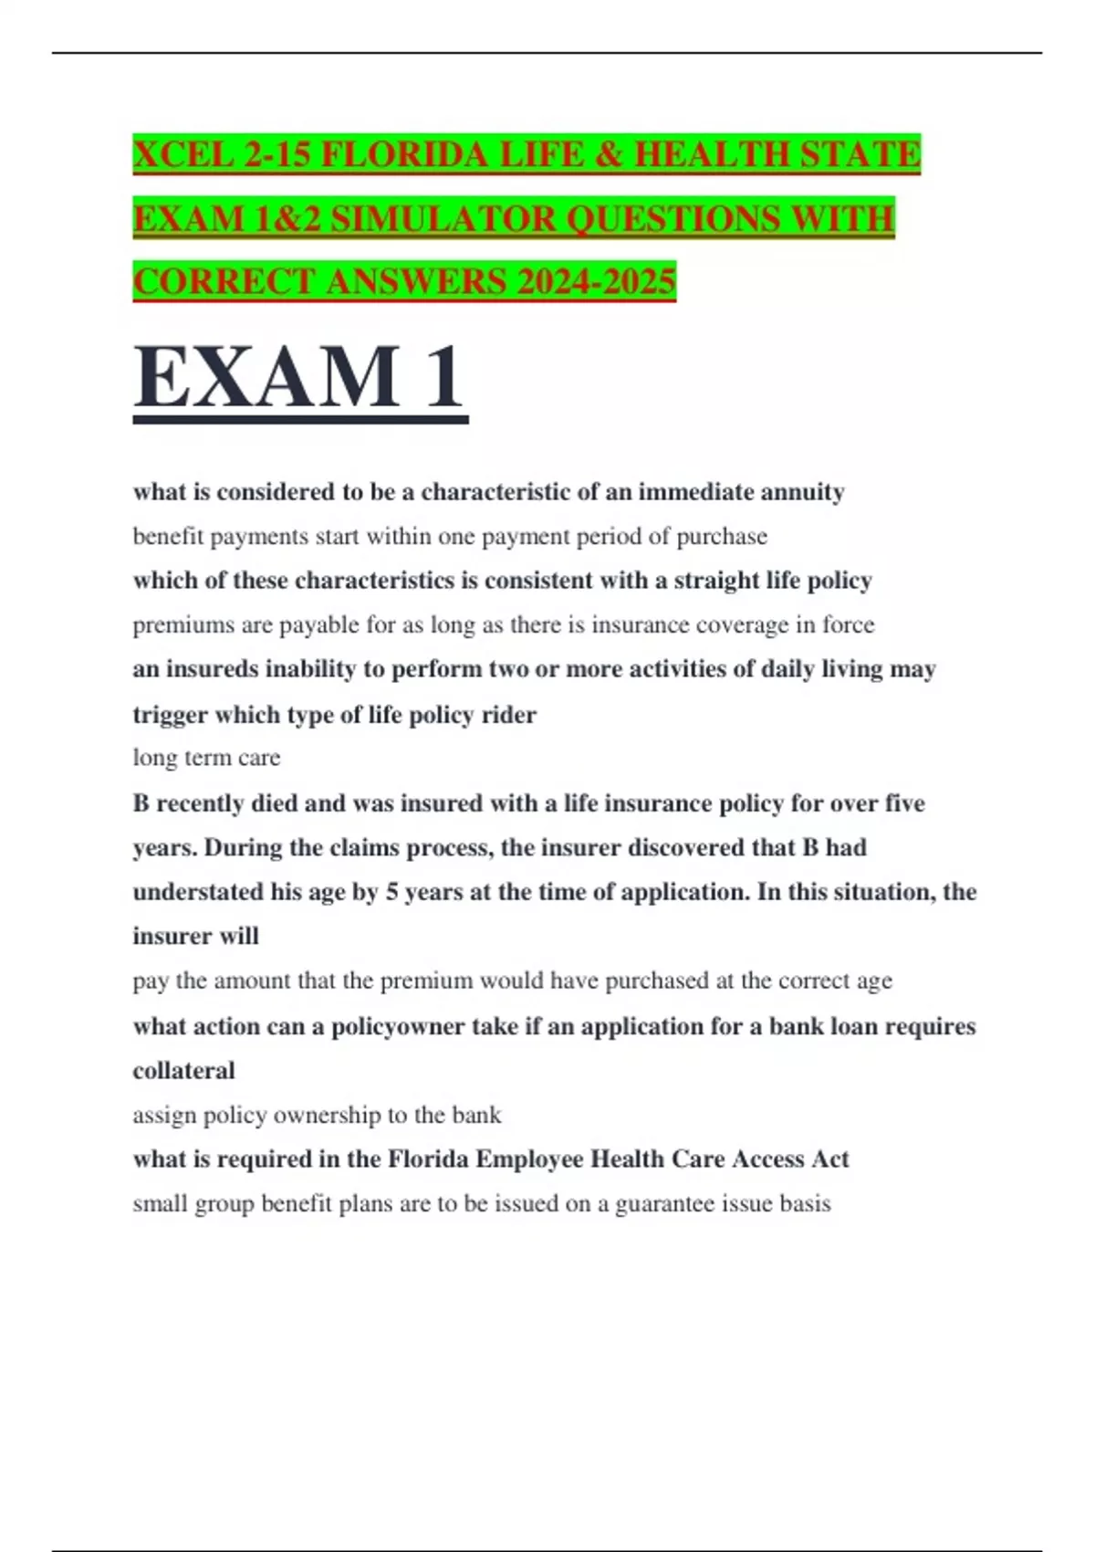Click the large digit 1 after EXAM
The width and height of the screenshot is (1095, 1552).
tap(443, 378)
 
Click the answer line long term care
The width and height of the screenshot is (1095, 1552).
tap(206, 758)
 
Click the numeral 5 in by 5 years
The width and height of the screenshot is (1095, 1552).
tap(391, 892)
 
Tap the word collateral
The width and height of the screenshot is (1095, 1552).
tap(183, 1071)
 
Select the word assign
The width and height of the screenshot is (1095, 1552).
tap(164, 1115)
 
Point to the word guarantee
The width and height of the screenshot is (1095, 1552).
tap(665, 1203)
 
